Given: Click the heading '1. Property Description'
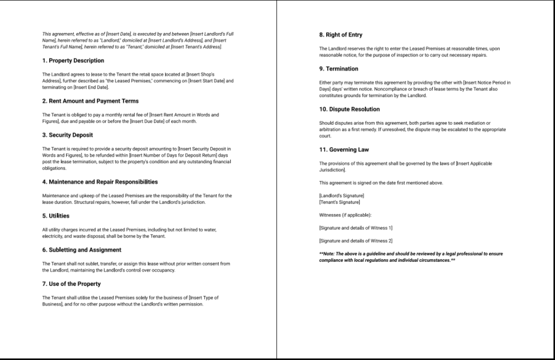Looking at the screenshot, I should [x=73, y=61].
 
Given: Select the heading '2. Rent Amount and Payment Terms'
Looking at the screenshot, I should [x=91, y=101].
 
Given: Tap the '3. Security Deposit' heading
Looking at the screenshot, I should [x=68, y=135].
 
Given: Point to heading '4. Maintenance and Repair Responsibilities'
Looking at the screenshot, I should [x=100, y=182].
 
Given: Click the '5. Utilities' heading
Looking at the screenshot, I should [x=56, y=216].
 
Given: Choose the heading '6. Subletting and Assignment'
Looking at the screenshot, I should [x=82, y=250].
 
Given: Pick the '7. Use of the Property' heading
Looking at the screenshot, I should [x=72, y=284].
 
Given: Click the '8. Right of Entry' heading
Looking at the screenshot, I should [x=341, y=35].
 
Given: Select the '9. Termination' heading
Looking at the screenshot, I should [x=339, y=69].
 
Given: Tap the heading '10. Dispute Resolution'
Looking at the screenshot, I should [x=350, y=110].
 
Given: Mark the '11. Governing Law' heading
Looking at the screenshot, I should [x=344, y=150].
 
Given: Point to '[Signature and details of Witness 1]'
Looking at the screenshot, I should [x=356, y=228].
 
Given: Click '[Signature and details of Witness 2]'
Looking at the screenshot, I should [x=356, y=241].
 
